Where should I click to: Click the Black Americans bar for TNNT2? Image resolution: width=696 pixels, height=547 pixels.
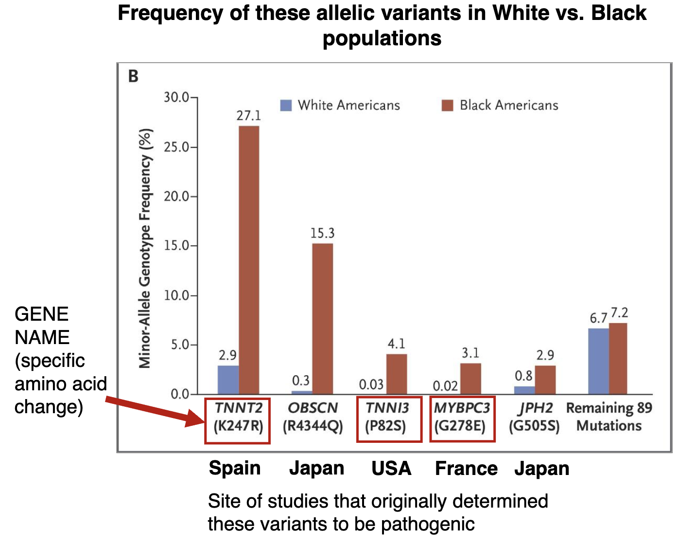click(249, 260)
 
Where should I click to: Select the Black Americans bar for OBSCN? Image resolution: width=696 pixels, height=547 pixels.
click(323, 318)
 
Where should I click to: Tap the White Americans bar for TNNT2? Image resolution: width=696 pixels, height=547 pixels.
click(228, 380)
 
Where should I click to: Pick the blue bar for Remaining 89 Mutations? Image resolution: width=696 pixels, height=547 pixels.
click(598, 361)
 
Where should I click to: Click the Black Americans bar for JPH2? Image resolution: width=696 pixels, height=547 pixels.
click(545, 380)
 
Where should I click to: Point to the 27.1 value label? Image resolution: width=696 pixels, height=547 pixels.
click(249, 116)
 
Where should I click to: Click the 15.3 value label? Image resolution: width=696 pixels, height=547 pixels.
click(323, 234)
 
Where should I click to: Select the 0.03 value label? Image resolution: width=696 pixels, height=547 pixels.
click(371, 385)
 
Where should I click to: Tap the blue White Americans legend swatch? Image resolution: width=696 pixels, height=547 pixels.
click(286, 105)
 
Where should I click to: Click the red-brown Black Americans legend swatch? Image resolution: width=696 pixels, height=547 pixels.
click(448, 105)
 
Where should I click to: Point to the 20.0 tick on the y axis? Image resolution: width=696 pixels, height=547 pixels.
click(177, 196)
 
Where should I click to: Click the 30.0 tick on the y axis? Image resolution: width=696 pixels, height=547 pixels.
click(177, 97)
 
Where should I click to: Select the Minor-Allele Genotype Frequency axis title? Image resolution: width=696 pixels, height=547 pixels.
click(145, 248)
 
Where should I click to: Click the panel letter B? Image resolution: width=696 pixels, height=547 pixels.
click(133, 76)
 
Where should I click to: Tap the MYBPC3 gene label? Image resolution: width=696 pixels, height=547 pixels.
click(462, 408)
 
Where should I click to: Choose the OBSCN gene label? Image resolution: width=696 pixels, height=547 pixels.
click(313, 408)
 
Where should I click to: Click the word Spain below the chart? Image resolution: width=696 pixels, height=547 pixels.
click(235, 468)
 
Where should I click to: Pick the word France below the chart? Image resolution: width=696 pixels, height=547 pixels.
click(466, 468)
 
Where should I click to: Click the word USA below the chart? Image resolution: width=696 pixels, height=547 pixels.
click(391, 468)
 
